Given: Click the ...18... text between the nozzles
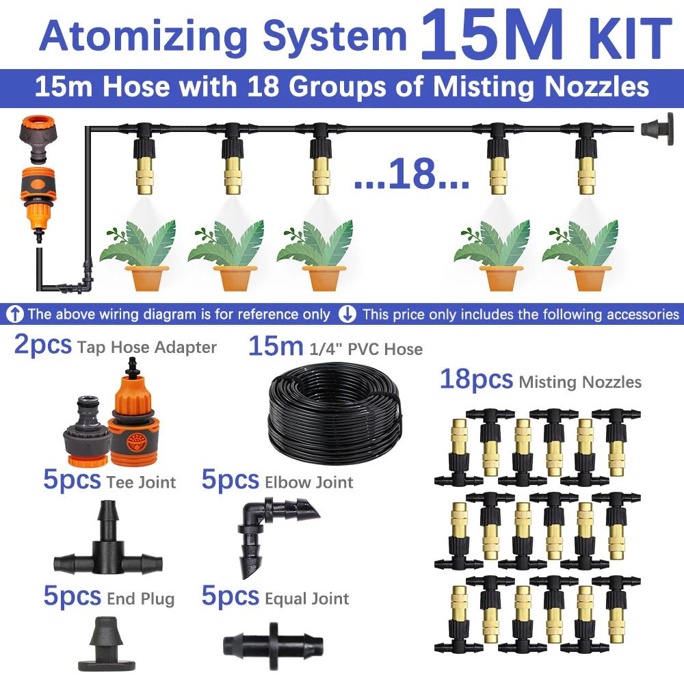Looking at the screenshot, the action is [411, 174].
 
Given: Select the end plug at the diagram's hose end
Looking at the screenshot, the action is [657, 129].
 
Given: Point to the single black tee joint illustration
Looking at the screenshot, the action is [108, 540].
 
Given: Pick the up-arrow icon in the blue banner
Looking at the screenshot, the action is [15, 315].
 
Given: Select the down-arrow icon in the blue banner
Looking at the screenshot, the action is [347, 315].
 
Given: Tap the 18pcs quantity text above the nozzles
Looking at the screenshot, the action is [476, 379].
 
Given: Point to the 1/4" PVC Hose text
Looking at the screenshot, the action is [366, 349].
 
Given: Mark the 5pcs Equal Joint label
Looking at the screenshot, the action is [275, 596].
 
